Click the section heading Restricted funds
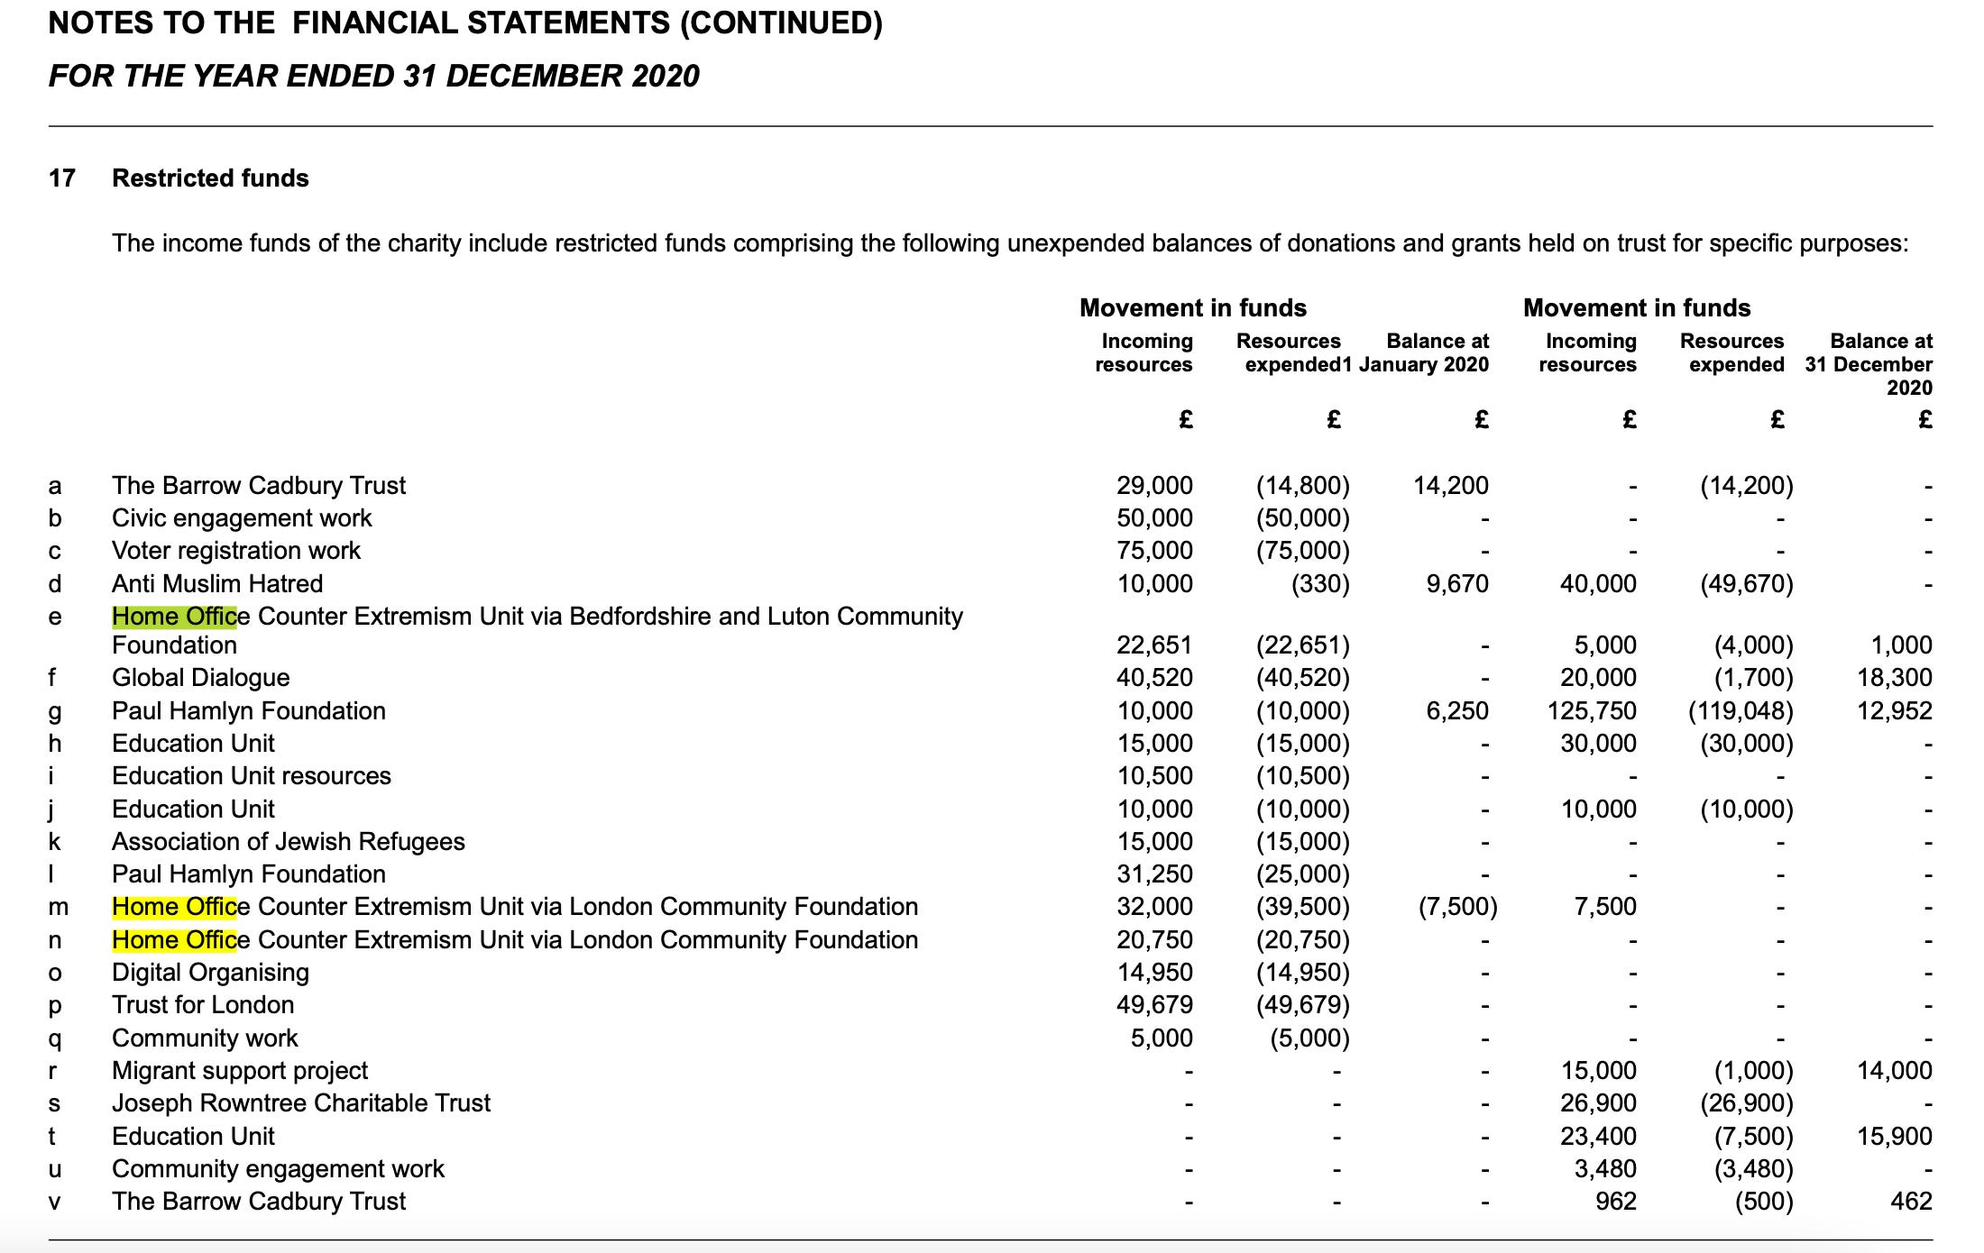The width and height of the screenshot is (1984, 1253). click(x=210, y=178)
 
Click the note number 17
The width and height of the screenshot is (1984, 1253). click(x=61, y=178)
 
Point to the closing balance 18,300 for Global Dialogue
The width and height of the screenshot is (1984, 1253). click(x=1894, y=678)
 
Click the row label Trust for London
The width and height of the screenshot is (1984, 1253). click(x=203, y=1005)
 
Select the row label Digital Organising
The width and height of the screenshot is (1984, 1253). click(x=210, y=973)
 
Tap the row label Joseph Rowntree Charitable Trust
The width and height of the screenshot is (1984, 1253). click(x=301, y=1103)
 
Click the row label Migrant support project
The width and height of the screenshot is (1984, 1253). click(x=240, y=1071)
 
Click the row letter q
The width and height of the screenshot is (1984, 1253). click(x=55, y=1038)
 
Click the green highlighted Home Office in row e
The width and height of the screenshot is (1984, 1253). click(x=174, y=617)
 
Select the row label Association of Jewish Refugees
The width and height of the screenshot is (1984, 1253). click(x=289, y=842)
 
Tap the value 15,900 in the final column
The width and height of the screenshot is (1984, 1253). click(x=1894, y=1137)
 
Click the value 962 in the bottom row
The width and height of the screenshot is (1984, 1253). click(x=1615, y=1202)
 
